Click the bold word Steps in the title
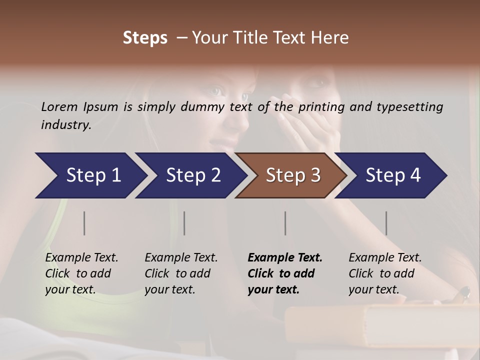tap(145, 38)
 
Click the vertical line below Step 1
tap(84, 223)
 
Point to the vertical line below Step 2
tap(184, 223)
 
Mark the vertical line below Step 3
tap(285, 223)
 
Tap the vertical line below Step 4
tap(386, 223)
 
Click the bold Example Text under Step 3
tap(285, 273)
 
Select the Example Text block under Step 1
tap(81, 273)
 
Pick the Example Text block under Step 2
tap(181, 273)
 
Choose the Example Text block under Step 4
tap(385, 273)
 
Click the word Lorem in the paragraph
tap(58, 106)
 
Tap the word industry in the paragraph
tap(65, 125)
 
